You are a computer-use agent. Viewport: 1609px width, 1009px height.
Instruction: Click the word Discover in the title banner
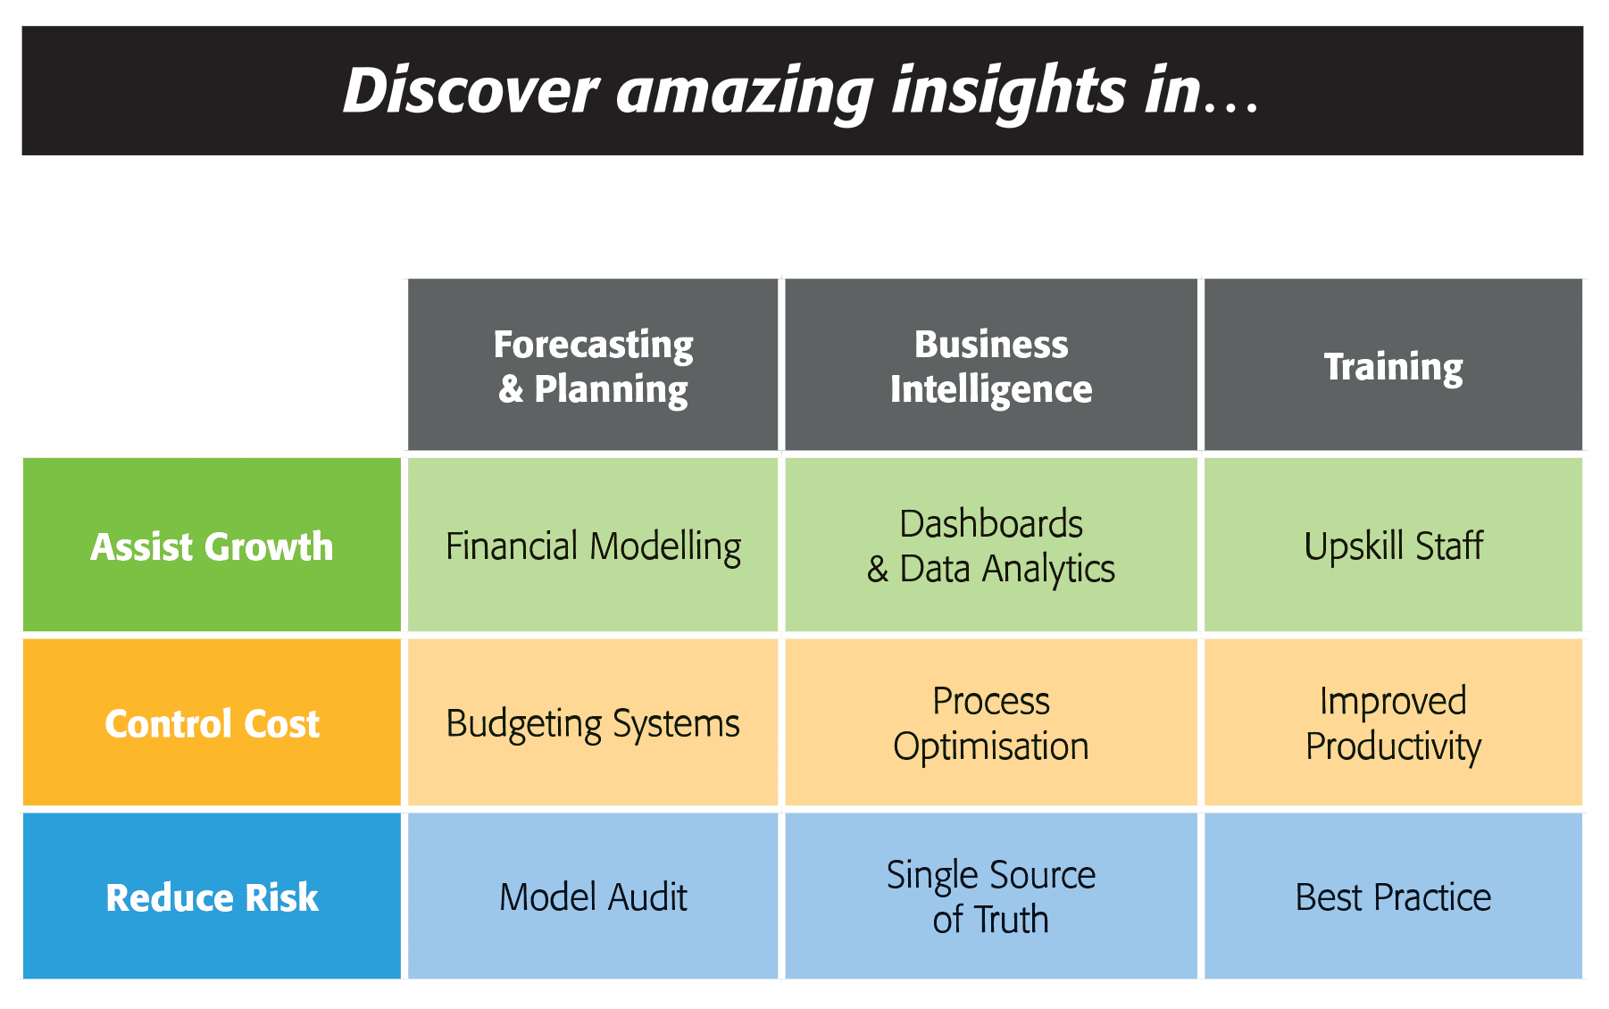tap(471, 90)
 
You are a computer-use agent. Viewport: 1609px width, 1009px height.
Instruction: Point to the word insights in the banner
tap(1009, 92)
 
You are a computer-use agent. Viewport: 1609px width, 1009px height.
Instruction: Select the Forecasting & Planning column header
tap(593, 364)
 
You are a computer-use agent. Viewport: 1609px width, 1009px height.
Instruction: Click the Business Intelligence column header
tap(991, 364)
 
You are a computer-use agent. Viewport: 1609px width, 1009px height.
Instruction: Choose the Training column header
tap(1393, 364)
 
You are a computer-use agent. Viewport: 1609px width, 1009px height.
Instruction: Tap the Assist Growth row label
tap(212, 545)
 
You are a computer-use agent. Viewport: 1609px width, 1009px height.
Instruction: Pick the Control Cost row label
tap(212, 721)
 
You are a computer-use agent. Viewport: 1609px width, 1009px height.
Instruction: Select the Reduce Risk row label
tap(212, 896)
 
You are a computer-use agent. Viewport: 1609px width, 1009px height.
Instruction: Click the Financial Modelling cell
tap(593, 545)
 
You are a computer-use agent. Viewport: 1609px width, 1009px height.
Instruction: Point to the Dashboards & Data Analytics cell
tap(991, 545)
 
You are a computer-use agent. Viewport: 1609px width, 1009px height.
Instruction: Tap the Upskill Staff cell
tap(1393, 545)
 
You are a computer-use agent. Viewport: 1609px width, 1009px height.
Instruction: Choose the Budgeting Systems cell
tap(593, 721)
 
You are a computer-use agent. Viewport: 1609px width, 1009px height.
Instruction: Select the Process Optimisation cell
tap(991, 721)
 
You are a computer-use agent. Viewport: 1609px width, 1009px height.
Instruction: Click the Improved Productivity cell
tap(1393, 721)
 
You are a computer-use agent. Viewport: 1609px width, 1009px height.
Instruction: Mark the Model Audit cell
tap(593, 896)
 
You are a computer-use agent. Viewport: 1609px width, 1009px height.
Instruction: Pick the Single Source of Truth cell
tap(991, 896)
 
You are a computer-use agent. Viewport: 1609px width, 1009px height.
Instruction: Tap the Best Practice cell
tap(1393, 896)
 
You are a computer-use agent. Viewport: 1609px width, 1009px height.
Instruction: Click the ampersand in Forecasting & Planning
tap(511, 389)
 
